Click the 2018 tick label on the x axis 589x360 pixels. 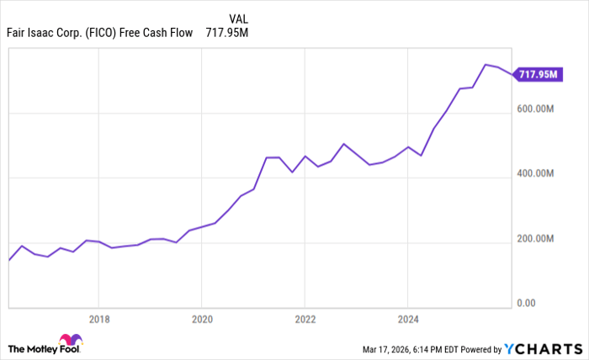click(x=98, y=319)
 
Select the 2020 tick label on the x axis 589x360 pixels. click(x=201, y=319)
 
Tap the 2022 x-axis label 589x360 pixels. click(x=305, y=319)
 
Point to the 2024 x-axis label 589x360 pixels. click(x=407, y=319)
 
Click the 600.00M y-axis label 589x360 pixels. click(x=535, y=109)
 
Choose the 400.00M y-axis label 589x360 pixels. click(x=535, y=173)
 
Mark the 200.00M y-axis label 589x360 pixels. click(x=535, y=239)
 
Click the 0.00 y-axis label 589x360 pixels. click(x=525, y=303)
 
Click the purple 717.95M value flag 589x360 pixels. click(x=538, y=75)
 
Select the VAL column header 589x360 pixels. click(x=238, y=18)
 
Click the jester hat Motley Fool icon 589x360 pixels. click(x=71, y=341)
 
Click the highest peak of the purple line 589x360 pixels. click(x=485, y=64)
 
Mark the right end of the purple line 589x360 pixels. click(x=511, y=75)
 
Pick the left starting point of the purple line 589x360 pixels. click(x=8, y=260)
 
